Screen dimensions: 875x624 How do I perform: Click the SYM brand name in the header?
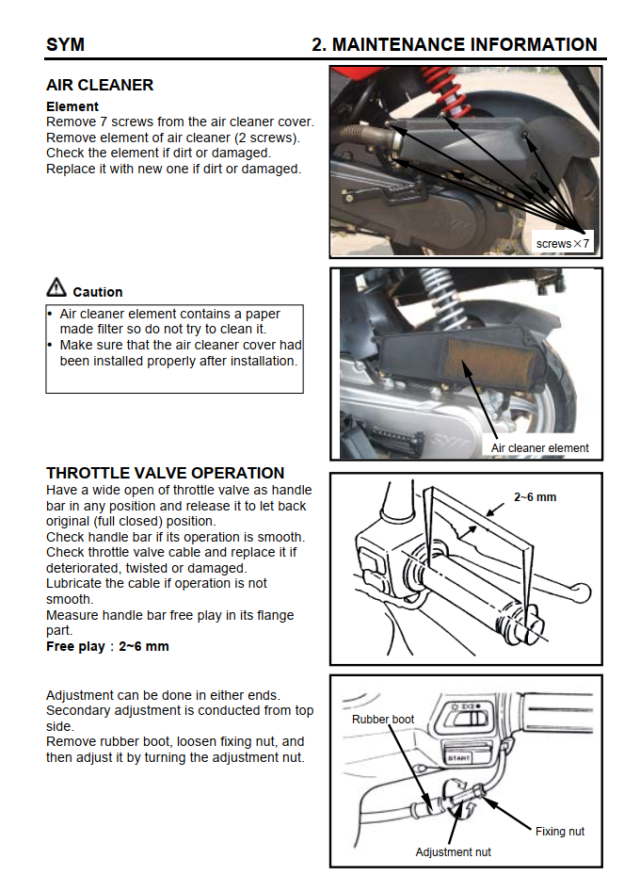(x=65, y=44)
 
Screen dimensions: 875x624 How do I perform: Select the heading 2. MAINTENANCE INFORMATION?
(x=454, y=44)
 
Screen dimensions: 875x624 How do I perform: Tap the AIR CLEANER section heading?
(x=100, y=85)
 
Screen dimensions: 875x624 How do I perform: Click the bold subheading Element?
(x=72, y=106)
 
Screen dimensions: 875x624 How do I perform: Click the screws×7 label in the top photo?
(x=563, y=243)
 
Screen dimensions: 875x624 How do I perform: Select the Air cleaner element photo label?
(x=540, y=447)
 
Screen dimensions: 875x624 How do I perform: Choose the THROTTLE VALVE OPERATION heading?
(x=165, y=473)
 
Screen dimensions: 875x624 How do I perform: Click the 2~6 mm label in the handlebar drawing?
(x=535, y=496)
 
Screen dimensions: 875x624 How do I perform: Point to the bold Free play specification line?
(x=107, y=647)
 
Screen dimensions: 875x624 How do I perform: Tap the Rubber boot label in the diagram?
(x=383, y=720)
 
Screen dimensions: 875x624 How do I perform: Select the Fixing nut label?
(x=560, y=831)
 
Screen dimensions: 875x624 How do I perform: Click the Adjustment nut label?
(x=454, y=851)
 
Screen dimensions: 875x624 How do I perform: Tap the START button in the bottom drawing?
(x=458, y=755)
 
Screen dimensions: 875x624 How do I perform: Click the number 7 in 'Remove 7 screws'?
(x=101, y=122)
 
